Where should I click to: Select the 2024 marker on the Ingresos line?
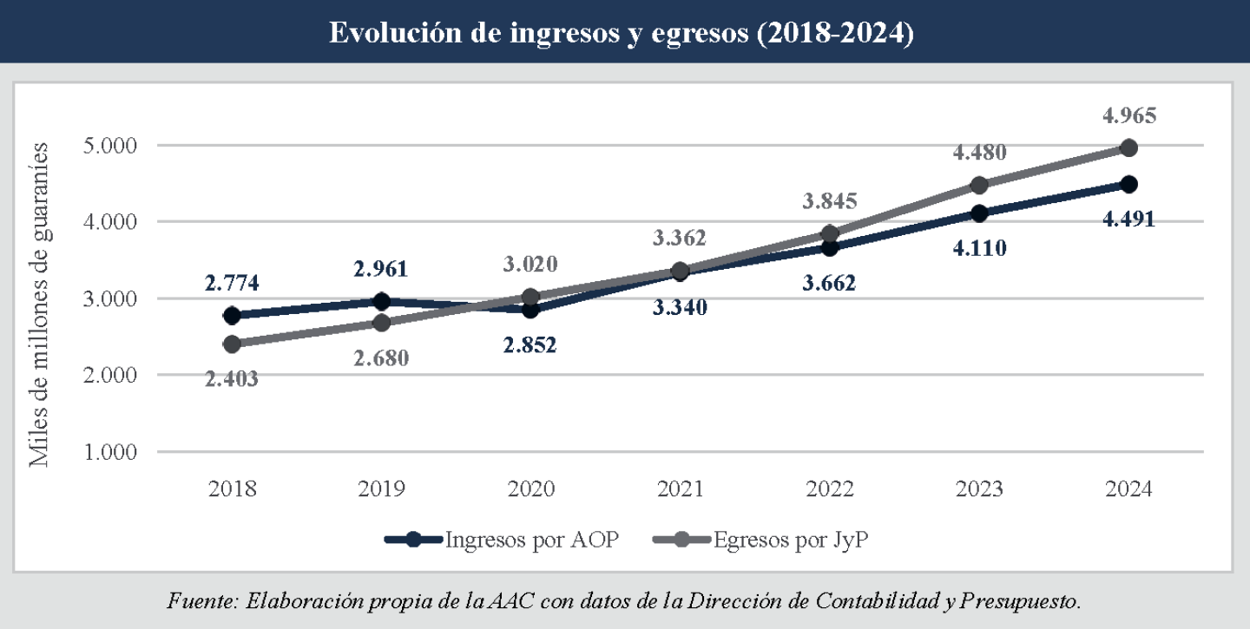1128,184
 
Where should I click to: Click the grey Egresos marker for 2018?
232,344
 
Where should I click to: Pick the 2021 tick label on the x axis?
680,489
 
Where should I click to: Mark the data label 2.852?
530,344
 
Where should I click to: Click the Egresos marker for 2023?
979,185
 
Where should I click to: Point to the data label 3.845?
829,201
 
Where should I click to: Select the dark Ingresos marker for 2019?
381,301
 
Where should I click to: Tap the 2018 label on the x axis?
232,489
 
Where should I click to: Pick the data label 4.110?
979,250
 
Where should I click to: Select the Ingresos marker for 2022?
829,248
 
